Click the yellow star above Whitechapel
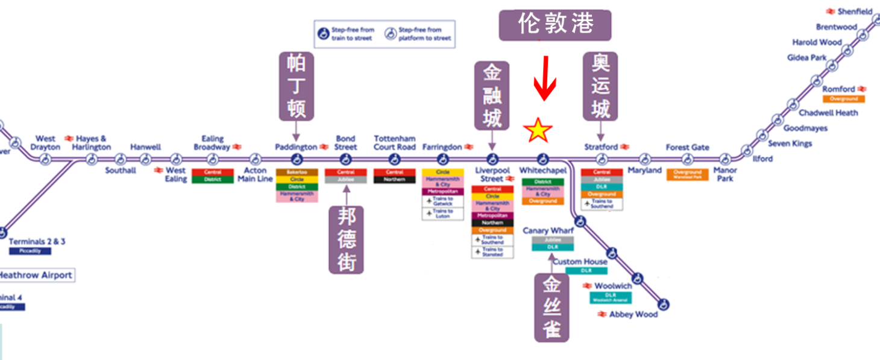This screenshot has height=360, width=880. point(538,131)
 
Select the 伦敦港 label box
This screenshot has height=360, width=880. point(555,25)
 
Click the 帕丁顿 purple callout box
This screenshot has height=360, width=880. point(296,86)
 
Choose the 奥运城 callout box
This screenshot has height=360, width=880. point(600,86)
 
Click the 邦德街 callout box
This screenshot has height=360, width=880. point(347,239)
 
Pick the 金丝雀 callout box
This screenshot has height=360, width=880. point(552,307)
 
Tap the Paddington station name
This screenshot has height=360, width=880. point(296,147)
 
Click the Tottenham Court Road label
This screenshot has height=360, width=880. point(395,143)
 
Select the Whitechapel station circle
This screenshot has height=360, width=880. point(543,159)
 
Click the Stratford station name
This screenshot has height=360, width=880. point(601,147)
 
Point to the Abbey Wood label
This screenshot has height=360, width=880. point(633,315)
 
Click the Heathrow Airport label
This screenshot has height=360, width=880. point(36,276)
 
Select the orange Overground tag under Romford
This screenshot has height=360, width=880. point(843,99)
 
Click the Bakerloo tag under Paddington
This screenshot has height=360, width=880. point(297,172)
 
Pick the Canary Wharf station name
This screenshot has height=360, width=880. point(548,231)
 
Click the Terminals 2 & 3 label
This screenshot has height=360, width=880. point(37,242)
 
